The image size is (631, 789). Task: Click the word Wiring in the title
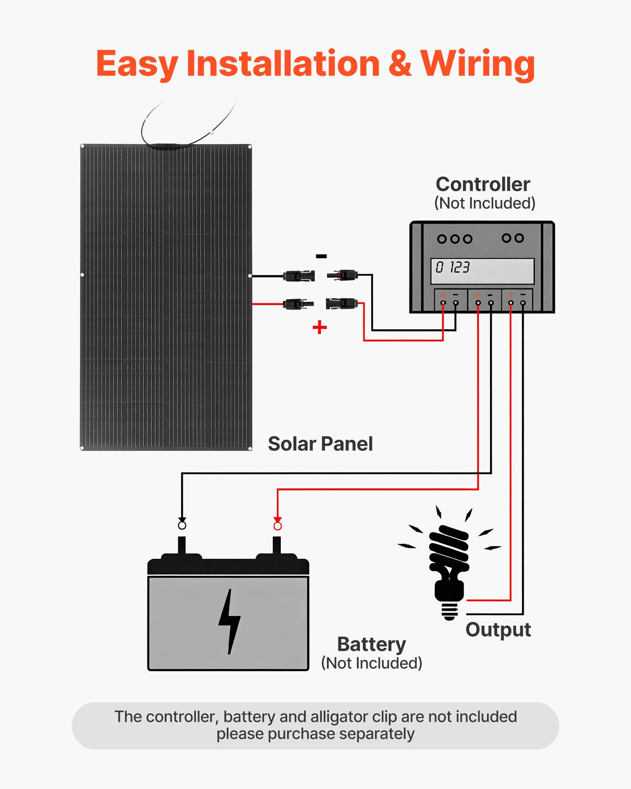[477, 64]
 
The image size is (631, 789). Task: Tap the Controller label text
[483, 184]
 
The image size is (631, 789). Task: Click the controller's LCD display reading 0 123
[482, 271]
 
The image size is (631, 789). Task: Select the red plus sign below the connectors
[319, 327]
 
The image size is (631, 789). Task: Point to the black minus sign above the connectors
[321, 256]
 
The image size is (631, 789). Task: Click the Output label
[498, 630]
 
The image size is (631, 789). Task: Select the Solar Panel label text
[320, 444]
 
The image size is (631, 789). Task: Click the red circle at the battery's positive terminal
[278, 526]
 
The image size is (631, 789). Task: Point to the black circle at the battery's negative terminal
[182, 526]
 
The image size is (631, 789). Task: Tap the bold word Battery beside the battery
[371, 645]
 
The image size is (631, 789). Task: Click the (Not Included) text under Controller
[484, 204]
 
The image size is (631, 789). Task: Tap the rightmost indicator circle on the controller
[519, 238]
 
